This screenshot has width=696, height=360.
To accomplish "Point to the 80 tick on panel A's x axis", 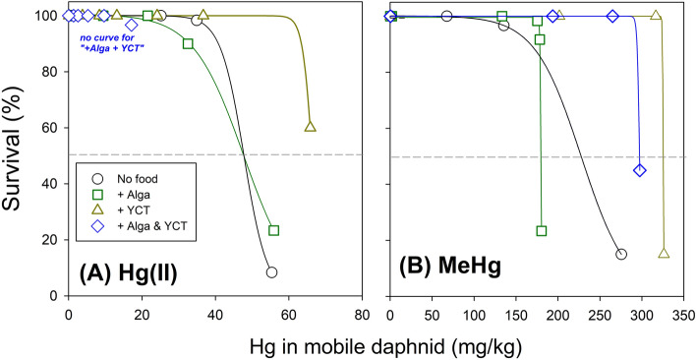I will point(362,314).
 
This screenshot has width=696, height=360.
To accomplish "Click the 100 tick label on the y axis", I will point(45,16).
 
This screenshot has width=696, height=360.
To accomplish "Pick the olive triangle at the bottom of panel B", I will point(664,254).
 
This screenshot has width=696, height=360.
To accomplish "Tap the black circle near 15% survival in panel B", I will point(621,254).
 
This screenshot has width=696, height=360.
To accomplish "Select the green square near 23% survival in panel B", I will point(542,231).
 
